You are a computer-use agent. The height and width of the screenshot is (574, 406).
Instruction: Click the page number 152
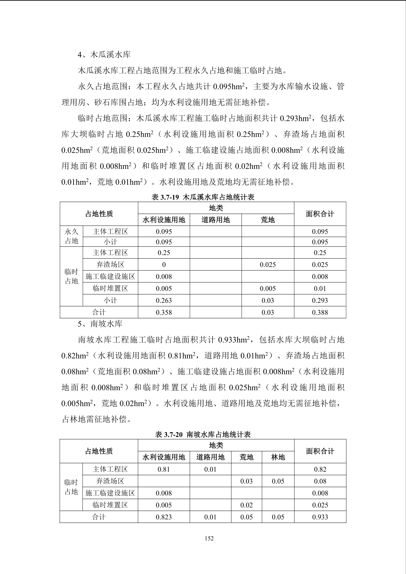click(x=209, y=538)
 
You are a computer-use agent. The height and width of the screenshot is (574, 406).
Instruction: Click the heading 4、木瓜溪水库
click(x=104, y=55)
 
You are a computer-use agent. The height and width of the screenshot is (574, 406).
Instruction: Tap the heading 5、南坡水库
click(x=100, y=324)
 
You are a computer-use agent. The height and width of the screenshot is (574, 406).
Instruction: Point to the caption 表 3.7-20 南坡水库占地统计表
click(x=203, y=434)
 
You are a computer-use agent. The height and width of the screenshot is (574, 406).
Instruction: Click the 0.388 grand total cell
click(x=320, y=312)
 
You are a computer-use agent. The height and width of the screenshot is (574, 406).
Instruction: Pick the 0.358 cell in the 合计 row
click(x=164, y=312)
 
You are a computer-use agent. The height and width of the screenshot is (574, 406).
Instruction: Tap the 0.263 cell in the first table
click(x=164, y=300)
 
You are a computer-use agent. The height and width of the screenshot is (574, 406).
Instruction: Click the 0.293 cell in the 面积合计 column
click(x=320, y=300)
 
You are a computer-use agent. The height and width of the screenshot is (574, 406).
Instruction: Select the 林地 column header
click(x=278, y=457)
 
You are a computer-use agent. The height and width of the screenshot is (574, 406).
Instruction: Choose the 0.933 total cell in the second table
click(x=320, y=517)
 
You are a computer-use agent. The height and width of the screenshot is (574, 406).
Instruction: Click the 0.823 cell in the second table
click(x=164, y=517)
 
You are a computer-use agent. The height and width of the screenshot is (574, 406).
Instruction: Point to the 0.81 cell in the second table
click(x=164, y=469)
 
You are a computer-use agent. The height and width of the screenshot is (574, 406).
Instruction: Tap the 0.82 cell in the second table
click(x=320, y=469)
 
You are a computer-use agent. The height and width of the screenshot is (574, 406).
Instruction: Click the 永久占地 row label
click(x=71, y=236)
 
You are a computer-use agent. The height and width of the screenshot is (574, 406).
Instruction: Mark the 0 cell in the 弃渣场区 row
click(x=164, y=265)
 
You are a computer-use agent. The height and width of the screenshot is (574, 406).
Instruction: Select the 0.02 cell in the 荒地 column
click(x=246, y=505)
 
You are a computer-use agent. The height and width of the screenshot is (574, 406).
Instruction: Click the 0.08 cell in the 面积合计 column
click(x=320, y=481)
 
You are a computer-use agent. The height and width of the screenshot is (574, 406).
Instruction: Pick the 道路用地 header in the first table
click(x=216, y=220)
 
